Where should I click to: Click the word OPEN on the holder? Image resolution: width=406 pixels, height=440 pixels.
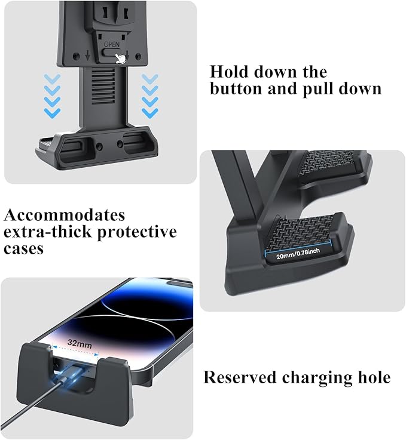(x=112, y=45)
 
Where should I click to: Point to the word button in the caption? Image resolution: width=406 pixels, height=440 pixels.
(x=236, y=90)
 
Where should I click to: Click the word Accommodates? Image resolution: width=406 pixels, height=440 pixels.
(x=65, y=215)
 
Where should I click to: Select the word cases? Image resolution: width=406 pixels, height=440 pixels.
(x=25, y=248)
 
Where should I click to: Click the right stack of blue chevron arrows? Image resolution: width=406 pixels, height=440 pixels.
(x=150, y=95)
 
